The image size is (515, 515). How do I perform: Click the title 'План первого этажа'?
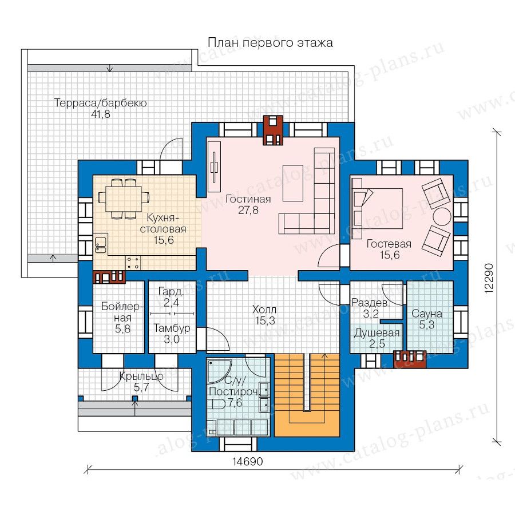point(270,43)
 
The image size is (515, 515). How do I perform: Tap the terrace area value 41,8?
point(101,114)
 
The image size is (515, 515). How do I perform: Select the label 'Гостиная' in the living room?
point(248,199)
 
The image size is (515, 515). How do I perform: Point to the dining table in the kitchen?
point(124,199)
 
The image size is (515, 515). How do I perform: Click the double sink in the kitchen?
point(101,245)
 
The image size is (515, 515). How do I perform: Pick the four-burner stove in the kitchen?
point(133,263)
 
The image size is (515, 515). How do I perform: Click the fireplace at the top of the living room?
point(272,130)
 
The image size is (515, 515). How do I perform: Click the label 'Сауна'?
point(427,314)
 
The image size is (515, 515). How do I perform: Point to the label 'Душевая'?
point(377,333)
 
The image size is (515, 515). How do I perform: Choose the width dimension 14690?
point(248,461)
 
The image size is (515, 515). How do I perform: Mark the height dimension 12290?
point(489,278)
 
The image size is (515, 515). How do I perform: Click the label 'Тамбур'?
point(172,328)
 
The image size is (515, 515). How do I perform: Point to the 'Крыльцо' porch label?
point(141,377)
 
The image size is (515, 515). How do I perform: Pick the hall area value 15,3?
point(266,320)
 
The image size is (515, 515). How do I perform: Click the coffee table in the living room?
point(292,183)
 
